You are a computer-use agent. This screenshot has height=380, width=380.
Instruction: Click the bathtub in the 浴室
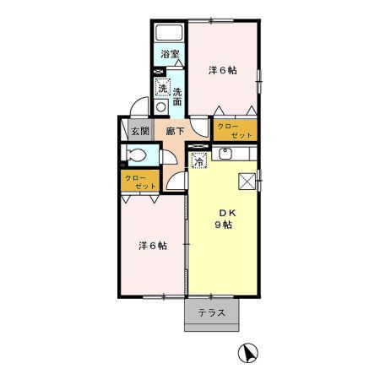tap(169, 34)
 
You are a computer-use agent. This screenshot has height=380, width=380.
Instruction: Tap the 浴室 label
tap(170, 56)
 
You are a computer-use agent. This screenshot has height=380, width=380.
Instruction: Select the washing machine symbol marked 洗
tap(162, 88)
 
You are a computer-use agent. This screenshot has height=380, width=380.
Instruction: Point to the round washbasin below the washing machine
tap(162, 107)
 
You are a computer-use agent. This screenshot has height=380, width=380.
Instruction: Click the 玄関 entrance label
tap(140, 131)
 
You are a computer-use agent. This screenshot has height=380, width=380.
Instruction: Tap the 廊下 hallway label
tap(175, 131)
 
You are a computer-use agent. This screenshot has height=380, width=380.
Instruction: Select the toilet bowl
tap(135, 156)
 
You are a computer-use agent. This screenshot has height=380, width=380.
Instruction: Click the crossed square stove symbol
tap(247, 180)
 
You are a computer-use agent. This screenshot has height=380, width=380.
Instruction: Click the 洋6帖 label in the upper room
tap(222, 71)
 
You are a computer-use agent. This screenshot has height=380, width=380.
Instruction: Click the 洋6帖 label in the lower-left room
tap(152, 246)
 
